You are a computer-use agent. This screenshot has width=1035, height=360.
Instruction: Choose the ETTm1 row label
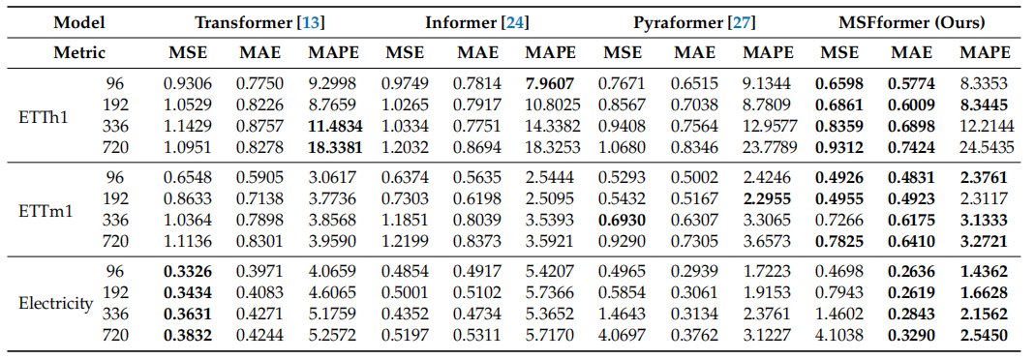(x=46, y=210)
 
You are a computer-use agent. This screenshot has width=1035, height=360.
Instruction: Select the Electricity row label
(x=55, y=303)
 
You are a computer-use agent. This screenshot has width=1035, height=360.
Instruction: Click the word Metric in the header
(x=79, y=52)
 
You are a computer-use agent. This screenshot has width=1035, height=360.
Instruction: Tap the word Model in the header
(x=79, y=21)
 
